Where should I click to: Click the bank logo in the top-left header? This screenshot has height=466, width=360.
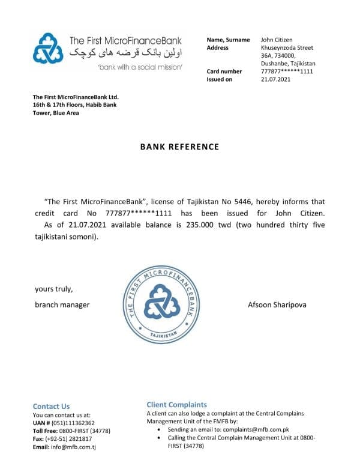[48, 49]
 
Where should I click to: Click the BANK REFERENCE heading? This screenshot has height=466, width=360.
[179, 147]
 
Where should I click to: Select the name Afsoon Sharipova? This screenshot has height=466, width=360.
[277, 304]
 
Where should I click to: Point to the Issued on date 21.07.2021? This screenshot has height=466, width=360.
[276, 79]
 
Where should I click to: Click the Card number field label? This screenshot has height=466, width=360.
[224, 71]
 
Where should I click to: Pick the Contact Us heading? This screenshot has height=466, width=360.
[51, 406]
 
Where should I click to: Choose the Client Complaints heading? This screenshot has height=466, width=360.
[176, 405]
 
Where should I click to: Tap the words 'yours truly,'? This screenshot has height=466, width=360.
[53, 289]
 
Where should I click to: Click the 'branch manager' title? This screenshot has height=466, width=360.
[62, 304]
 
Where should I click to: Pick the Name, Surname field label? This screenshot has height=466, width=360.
[228, 40]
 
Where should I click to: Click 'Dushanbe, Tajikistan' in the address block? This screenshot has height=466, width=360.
[288, 64]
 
